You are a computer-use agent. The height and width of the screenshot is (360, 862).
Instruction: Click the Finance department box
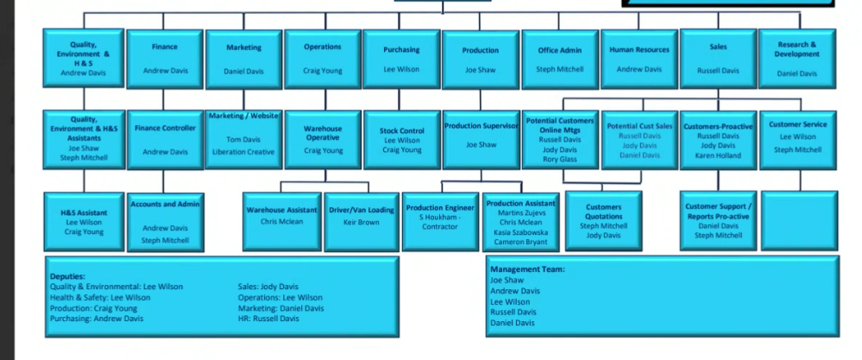[x=164, y=59]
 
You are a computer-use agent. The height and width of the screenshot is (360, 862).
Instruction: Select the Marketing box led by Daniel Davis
[x=243, y=59]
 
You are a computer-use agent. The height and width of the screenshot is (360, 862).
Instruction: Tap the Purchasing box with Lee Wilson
[x=401, y=59]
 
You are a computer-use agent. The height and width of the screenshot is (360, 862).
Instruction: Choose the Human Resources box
[x=639, y=59]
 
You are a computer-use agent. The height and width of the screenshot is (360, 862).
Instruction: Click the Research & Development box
[x=796, y=59]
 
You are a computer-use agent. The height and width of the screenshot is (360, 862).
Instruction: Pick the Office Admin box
[x=559, y=59]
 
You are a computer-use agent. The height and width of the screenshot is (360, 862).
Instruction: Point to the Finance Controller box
[x=164, y=139]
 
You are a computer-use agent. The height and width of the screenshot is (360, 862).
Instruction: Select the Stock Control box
[x=401, y=139]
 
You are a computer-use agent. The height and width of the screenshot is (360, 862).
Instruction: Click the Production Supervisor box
[x=481, y=139]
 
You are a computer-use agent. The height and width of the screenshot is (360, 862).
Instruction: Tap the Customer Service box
[x=796, y=139]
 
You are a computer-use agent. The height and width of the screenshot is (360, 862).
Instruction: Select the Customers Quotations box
[x=603, y=220]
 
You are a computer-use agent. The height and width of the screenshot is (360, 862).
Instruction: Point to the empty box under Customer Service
[x=799, y=220]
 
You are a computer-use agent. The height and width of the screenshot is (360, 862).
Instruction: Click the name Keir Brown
[x=362, y=222]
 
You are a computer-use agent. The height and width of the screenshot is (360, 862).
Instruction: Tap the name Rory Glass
[x=560, y=159]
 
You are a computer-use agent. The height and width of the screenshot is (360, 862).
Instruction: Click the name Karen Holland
[x=718, y=155]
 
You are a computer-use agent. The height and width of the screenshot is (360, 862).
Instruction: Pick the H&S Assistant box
[x=85, y=220]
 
